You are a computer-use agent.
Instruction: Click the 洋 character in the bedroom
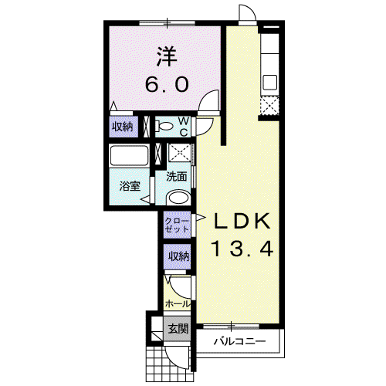(x=168, y=56)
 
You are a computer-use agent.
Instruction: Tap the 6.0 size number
(x=167, y=84)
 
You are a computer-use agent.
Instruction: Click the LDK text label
(x=242, y=222)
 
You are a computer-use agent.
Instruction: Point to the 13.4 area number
(x=242, y=249)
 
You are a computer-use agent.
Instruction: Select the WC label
(x=184, y=127)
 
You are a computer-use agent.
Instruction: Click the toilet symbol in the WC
(x=164, y=127)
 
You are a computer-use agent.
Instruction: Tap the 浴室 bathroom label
(x=130, y=186)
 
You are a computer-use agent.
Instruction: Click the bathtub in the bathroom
(x=129, y=155)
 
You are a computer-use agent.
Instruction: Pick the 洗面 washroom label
(x=176, y=177)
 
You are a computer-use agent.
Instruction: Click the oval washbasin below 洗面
(x=178, y=198)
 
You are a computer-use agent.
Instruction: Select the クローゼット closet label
(x=177, y=225)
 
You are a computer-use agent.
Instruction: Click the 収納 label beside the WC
(x=122, y=127)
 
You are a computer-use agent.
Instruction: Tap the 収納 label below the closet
(x=179, y=256)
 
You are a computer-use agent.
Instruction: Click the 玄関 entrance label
(x=178, y=329)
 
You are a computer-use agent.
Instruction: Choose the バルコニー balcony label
(x=240, y=341)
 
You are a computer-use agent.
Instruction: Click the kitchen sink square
(x=269, y=82)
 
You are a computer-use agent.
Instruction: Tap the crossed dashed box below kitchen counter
(x=269, y=106)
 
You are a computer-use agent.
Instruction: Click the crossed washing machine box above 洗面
(x=180, y=153)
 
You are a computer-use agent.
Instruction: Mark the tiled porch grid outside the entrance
(x=168, y=364)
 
